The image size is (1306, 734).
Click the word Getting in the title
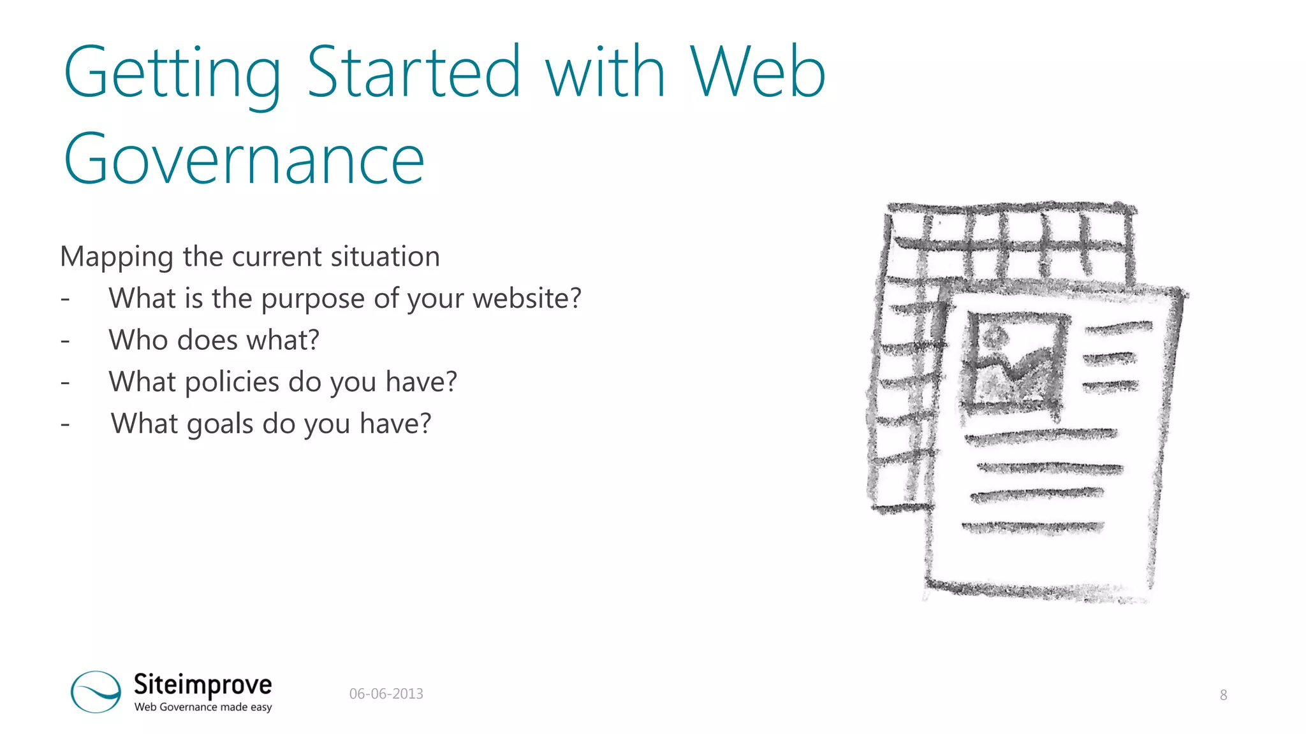click(x=172, y=73)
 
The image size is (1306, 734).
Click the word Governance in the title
click(x=244, y=159)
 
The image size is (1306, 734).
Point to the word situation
click(x=385, y=256)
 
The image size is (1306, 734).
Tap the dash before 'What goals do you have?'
click(x=65, y=424)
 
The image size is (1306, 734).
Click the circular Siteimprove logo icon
click(x=96, y=691)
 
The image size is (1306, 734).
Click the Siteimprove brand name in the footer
click(x=203, y=684)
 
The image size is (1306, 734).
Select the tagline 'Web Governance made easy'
click(x=203, y=707)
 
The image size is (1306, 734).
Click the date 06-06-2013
click(x=386, y=694)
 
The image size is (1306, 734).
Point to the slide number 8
click(x=1223, y=695)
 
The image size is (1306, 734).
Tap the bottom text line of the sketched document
click(x=1033, y=528)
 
